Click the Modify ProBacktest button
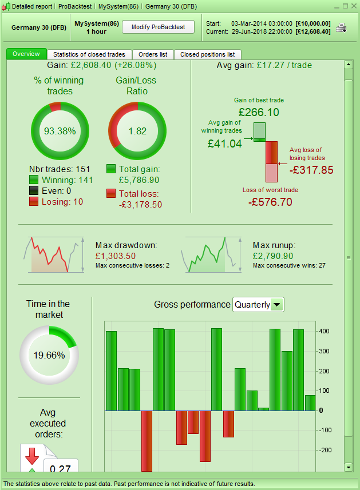159,27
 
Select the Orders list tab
153,54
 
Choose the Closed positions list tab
207,54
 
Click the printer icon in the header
341,27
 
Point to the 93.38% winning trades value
60,131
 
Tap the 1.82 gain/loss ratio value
137,131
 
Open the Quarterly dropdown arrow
277,305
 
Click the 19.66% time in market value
49,355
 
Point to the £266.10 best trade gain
259,112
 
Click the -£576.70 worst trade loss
270,202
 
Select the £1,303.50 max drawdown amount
116,256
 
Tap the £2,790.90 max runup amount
272,256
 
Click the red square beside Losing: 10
34,202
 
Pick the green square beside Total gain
112,169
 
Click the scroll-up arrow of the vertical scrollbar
347,65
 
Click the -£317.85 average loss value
311,170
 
